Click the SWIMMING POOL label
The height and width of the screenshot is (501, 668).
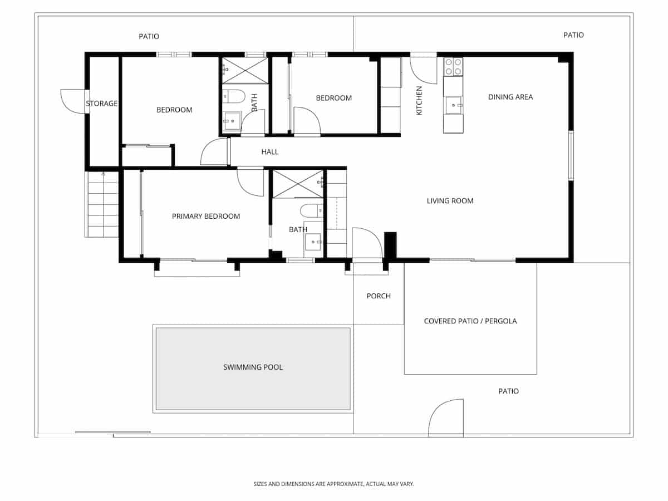click(253, 367)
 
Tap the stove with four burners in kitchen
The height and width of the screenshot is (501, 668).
click(453, 67)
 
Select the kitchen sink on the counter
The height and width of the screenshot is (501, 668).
click(454, 104)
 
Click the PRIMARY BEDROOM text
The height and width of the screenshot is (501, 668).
click(205, 217)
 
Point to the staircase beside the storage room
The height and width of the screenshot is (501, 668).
click(103, 204)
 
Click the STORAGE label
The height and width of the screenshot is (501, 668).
click(101, 104)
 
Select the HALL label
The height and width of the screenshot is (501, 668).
click(270, 152)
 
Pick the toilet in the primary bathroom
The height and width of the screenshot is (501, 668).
click(310, 210)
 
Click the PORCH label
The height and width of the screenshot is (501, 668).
click(379, 296)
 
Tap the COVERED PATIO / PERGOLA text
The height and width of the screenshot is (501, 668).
click(470, 321)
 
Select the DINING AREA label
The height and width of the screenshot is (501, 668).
click(510, 97)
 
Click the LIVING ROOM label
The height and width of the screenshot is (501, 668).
click(450, 201)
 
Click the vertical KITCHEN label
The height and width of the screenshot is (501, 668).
click(420, 101)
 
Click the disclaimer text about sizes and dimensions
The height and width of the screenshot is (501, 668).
click(334, 484)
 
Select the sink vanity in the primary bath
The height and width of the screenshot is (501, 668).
click(313, 242)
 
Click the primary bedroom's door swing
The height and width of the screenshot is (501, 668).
click(249, 181)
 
